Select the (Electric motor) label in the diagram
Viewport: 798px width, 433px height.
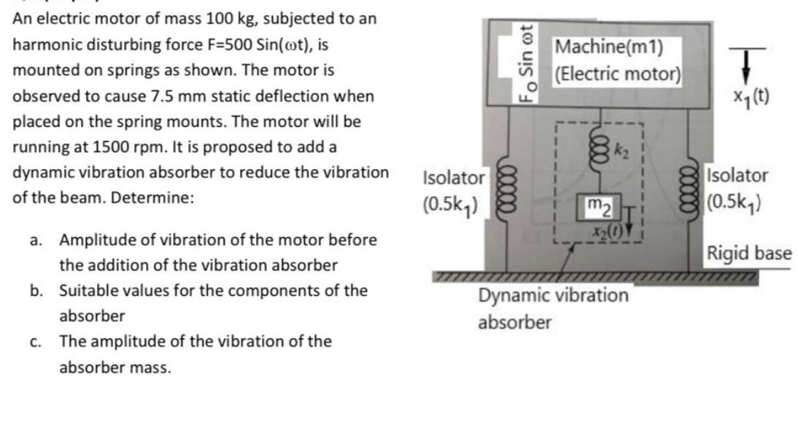pyautogui.click(x=617, y=74)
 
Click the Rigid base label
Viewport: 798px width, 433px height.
pyautogui.click(x=748, y=253)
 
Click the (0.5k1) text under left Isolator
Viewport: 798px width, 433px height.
pyautogui.click(x=452, y=203)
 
